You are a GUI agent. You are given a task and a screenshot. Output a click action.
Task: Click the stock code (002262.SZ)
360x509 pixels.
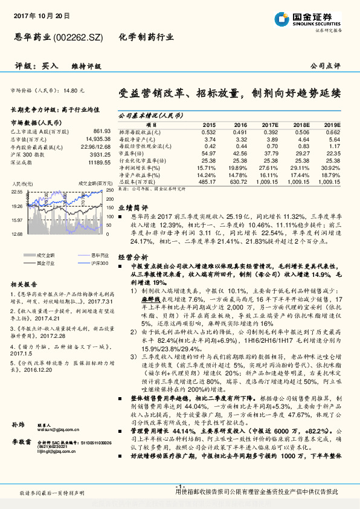pos(79,37)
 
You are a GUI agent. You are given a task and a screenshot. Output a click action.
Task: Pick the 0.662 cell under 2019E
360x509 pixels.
pos(332,131)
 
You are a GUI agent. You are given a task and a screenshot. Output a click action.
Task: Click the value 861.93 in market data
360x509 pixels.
pos(101,131)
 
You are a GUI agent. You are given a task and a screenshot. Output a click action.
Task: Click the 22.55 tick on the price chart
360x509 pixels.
pos(18,191)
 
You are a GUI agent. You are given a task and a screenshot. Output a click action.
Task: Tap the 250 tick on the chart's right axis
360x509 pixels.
pos(109,191)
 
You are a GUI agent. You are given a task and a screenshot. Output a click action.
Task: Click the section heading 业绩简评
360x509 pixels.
pos(130,206)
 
